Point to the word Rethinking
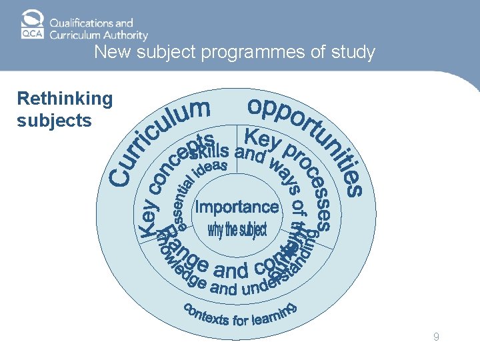(65, 99)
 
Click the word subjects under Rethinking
(54, 121)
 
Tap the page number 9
(436, 337)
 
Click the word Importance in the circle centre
(237, 207)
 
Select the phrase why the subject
(237, 231)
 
